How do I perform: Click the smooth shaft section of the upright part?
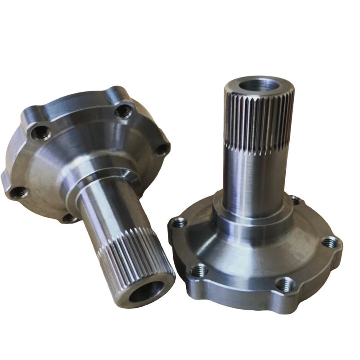coord(252,180)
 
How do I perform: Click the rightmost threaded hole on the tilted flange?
coord(162,148)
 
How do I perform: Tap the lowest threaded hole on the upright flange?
coord(284,283)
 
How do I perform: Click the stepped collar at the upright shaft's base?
coord(252,220)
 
